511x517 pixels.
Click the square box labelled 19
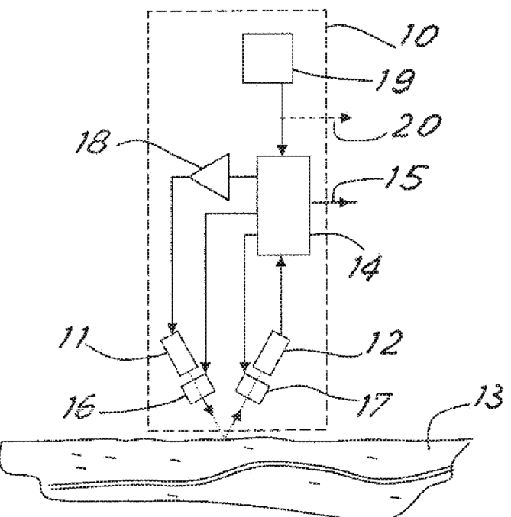[267, 58]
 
